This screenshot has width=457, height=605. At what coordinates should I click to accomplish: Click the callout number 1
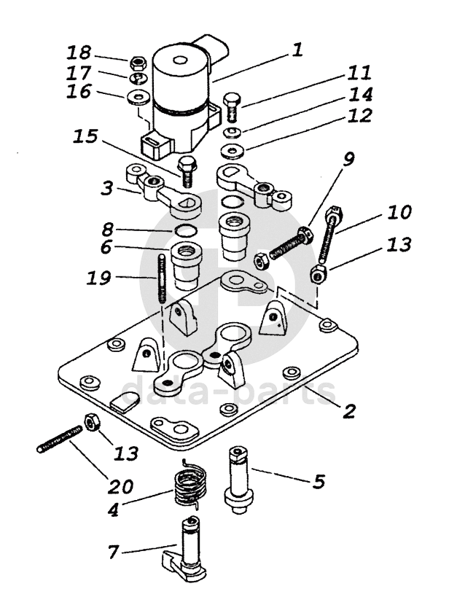coord(297,50)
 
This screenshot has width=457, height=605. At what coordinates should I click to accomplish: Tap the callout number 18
coord(79,52)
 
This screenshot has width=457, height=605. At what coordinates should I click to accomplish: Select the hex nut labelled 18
coord(137,62)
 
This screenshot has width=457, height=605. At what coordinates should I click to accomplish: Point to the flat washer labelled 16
coord(138,97)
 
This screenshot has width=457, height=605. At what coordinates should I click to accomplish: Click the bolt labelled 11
coord(231,106)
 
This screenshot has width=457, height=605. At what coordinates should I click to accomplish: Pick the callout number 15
coord(85,136)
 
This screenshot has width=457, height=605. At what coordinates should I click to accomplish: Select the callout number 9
coord(348,158)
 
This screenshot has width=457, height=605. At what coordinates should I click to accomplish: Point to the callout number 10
coord(399,212)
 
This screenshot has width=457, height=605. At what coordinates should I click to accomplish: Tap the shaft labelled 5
coord(238,480)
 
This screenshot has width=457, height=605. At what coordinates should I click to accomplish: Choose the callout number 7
coord(113,552)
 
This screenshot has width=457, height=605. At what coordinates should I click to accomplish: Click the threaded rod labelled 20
coord(60,439)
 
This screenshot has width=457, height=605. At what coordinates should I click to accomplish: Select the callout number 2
coord(348,411)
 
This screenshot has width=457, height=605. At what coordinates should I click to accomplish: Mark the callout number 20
coord(120,486)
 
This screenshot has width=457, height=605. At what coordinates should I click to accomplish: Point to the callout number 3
coord(107,189)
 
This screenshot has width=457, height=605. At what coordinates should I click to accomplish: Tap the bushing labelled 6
coord(187,266)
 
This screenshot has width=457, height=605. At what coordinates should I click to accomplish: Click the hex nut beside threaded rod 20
coord(92,423)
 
